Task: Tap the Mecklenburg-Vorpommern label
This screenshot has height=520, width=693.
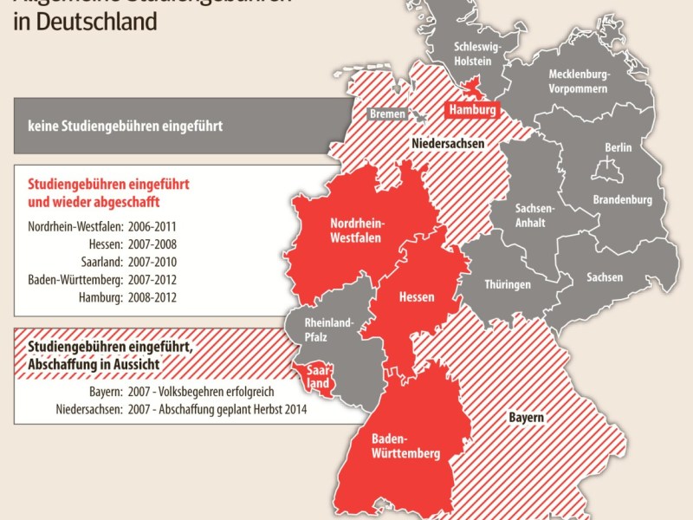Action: click(x=578, y=81)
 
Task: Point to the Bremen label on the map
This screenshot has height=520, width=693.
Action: click(x=387, y=114)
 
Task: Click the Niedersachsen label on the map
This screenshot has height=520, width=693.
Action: click(x=447, y=143)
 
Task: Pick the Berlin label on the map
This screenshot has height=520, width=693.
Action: click(x=619, y=148)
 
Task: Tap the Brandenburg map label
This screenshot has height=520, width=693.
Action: click(x=622, y=199)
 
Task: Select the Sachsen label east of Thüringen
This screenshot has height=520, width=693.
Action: click(x=604, y=277)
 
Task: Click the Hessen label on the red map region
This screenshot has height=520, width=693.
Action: click(x=416, y=297)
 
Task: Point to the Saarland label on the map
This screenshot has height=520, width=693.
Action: click(x=316, y=376)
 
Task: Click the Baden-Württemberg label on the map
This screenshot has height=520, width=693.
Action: click(x=405, y=446)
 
